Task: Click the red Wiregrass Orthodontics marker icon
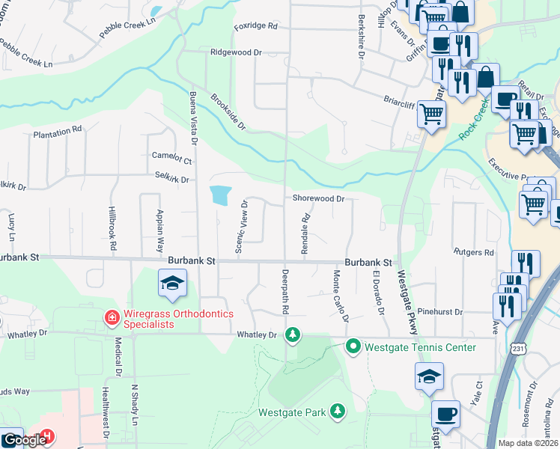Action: tap(112, 318)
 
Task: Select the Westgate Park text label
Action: tap(291, 412)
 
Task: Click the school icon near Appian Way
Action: tap(172, 284)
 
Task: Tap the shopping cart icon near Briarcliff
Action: tap(432, 115)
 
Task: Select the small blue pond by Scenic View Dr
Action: tap(219, 195)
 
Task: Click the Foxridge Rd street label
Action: tap(255, 26)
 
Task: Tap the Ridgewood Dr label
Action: tap(236, 53)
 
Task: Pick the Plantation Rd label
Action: tap(58, 131)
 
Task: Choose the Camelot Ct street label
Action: tap(171, 158)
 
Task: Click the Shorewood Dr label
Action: tap(317, 199)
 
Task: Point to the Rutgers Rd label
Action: tap(473, 252)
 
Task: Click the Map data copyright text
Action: tap(528, 443)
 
